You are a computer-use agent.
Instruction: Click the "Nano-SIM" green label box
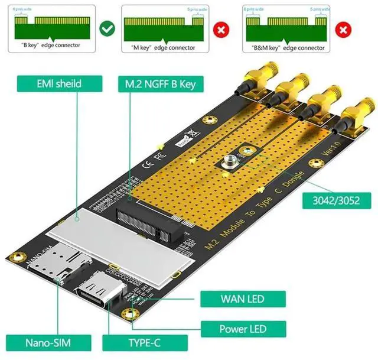pyautogui.click(x=50, y=342)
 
